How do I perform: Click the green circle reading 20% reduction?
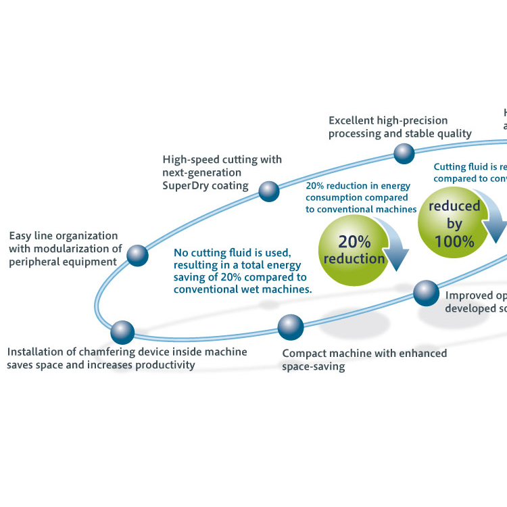pos(352,249)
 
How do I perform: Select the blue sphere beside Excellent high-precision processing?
pos(404,153)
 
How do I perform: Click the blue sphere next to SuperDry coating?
pos(269,191)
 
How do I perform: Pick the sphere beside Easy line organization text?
pos(137,255)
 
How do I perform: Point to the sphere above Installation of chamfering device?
pos(122,332)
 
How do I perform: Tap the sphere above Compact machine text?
pos(291,327)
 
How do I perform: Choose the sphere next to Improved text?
pos(426,293)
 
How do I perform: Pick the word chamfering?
pos(120,352)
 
